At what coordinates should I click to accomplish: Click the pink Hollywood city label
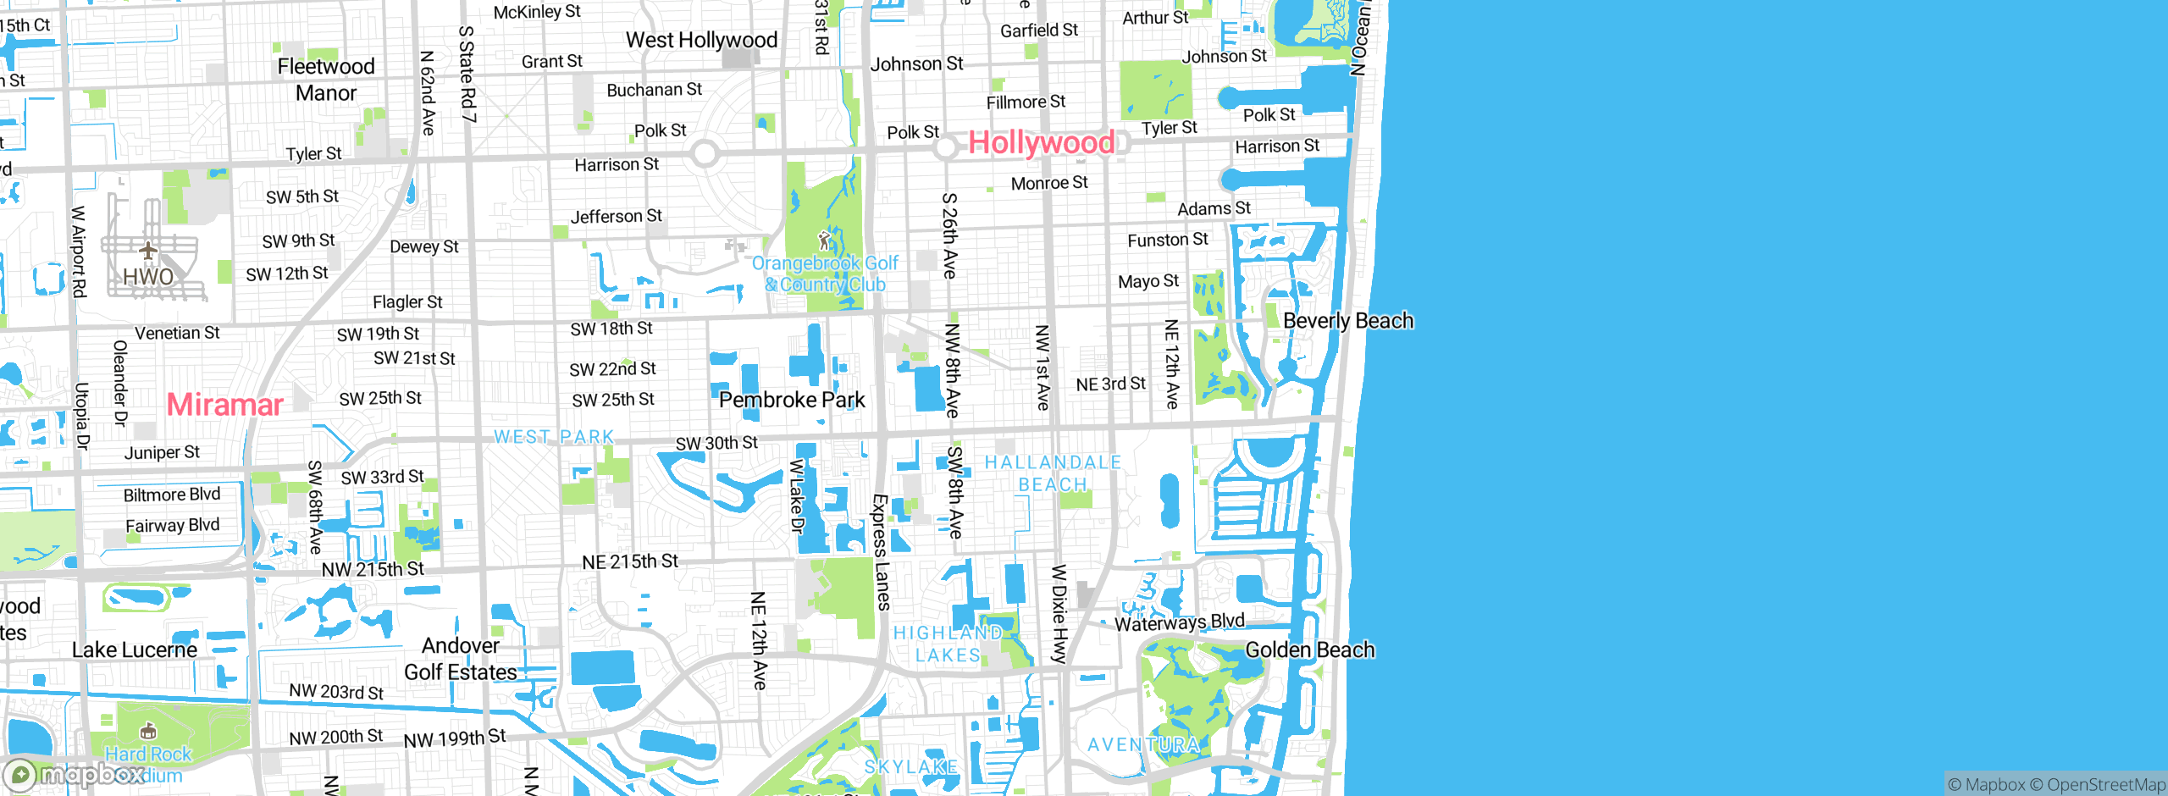(1041, 142)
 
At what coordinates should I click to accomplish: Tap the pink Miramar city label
(224, 405)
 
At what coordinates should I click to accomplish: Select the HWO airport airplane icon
(148, 251)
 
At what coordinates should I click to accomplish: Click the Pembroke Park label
(792, 400)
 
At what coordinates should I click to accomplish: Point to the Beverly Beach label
(1348, 321)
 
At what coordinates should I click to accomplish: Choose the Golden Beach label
(1309, 650)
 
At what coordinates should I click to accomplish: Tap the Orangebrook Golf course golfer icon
(824, 241)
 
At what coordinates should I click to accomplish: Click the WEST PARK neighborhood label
(554, 437)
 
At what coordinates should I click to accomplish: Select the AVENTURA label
(1143, 745)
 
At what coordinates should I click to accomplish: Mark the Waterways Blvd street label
(1179, 622)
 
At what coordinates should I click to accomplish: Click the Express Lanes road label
(881, 552)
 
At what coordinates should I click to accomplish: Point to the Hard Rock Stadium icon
(148, 731)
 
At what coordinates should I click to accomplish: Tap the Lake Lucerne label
(135, 650)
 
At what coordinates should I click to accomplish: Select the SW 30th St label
(716, 443)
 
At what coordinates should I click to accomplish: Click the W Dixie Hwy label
(1059, 614)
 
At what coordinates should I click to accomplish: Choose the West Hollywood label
(701, 40)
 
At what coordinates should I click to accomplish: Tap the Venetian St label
(177, 333)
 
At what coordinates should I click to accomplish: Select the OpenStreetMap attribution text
(2105, 785)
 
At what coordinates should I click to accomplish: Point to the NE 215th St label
(630, 561)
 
